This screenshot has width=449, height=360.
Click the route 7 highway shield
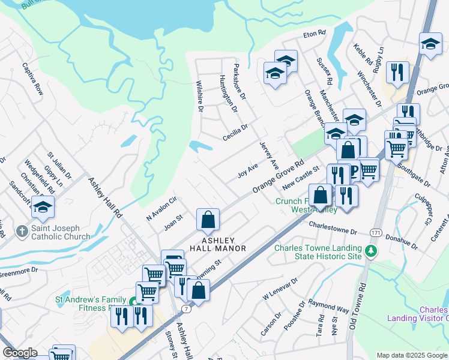pos(187,308)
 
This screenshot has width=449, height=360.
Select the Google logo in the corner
pos(19,353)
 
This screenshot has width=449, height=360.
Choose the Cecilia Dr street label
pos(234,131)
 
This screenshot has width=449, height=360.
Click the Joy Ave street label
pos(247,170)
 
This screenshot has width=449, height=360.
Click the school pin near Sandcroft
pos(43,207)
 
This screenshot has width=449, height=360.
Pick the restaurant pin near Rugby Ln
pos(397,73)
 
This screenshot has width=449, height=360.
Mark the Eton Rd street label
pos(314,34)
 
